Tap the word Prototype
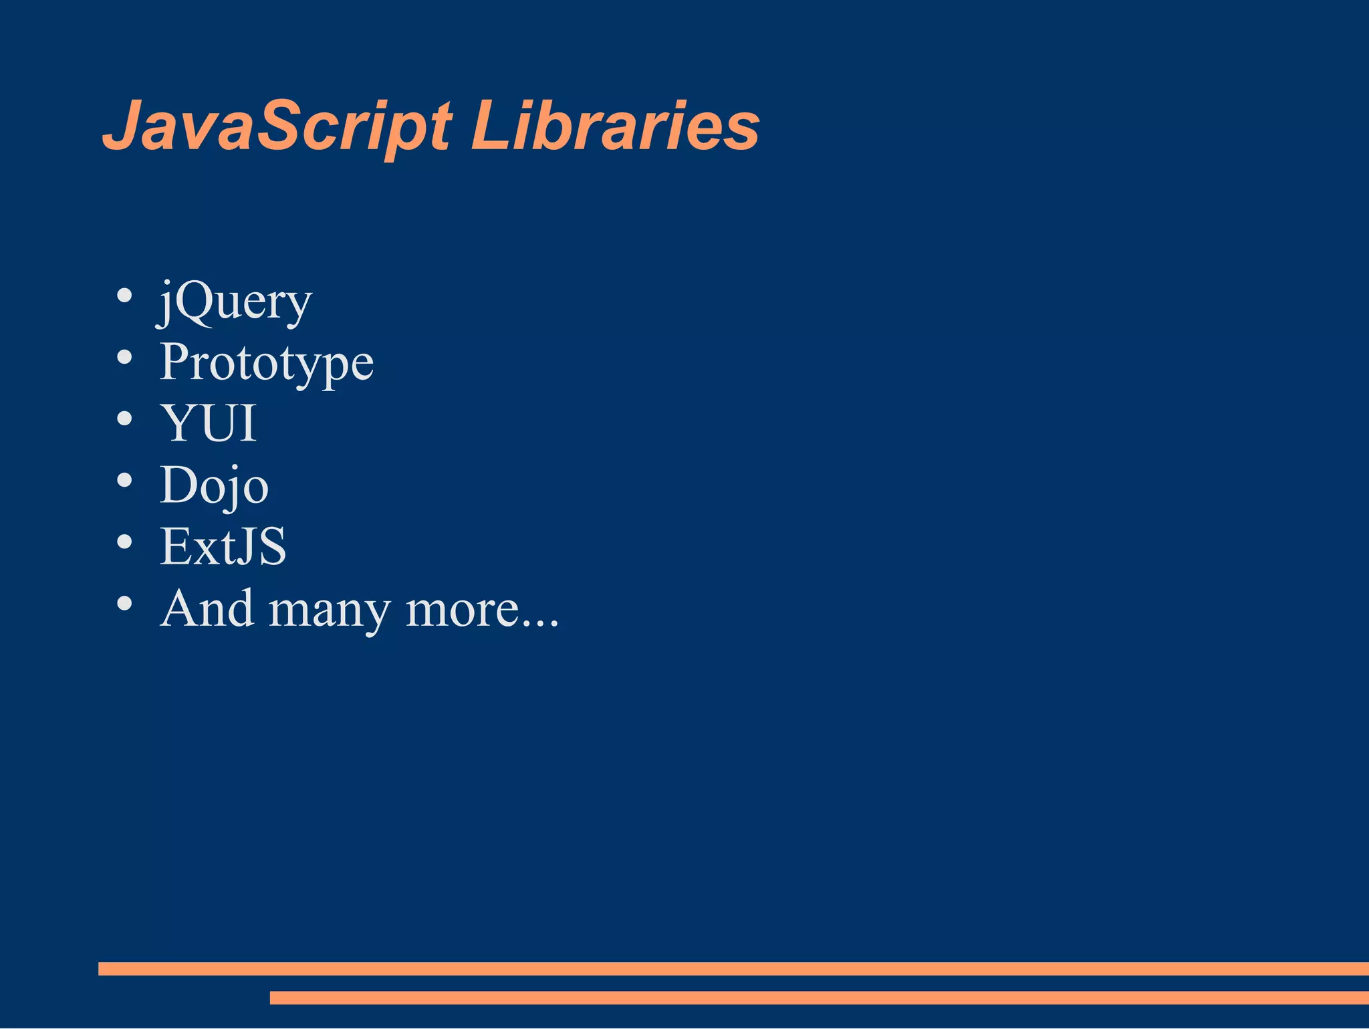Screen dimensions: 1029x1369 266,364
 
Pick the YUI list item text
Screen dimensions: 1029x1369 209,424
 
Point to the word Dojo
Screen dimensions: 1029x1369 214,486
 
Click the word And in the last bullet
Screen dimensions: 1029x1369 207,608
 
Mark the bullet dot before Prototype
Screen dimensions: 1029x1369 124,357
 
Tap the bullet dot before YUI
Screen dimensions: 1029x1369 124,419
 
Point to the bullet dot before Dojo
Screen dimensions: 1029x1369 124,480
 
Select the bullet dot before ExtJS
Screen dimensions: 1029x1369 124,542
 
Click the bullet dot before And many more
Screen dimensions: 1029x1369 124,603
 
